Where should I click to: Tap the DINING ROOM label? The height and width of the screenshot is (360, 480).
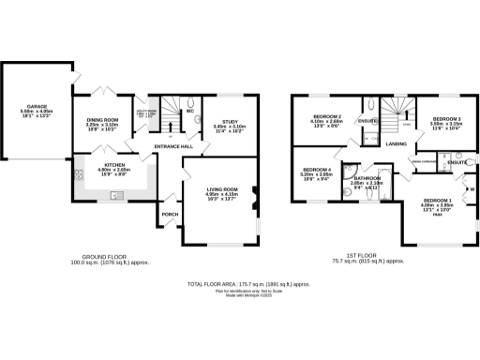point(103,120)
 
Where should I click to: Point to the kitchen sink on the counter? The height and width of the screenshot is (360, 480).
point(114,194)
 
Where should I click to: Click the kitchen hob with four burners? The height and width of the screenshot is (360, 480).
point(79,173)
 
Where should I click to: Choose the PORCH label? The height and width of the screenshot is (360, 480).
point(171,214)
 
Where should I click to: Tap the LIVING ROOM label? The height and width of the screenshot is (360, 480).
point(222,190)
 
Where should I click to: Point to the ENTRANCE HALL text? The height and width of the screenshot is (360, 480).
point(174,147)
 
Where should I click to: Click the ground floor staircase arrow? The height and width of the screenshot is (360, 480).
point(169,117)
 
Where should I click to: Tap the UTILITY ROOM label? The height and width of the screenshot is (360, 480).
point(144,111)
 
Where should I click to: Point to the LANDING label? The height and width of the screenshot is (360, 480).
point(395,143)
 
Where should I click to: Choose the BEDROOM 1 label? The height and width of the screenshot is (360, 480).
point(437,201)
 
